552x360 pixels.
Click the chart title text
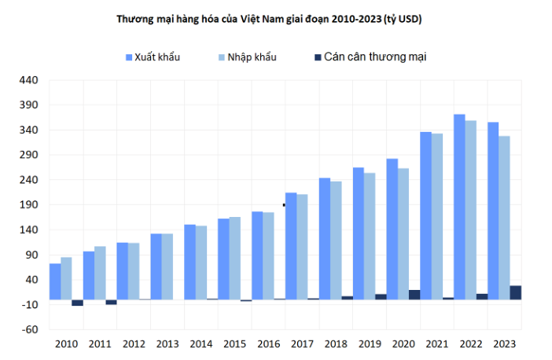tap(270, 19)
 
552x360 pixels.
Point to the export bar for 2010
tap(55, 281)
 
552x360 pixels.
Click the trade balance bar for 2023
tap(515, 292)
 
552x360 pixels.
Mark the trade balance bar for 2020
tap(414, 295)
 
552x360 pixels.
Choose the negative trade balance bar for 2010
tap(77, 303)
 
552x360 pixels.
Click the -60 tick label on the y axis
tap(28, 329)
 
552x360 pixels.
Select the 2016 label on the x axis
tap(268, 344)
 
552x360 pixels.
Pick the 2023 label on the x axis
tap(504, 344)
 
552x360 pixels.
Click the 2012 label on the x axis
tap(134, 344)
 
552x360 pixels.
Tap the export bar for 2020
tap(392, 229)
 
